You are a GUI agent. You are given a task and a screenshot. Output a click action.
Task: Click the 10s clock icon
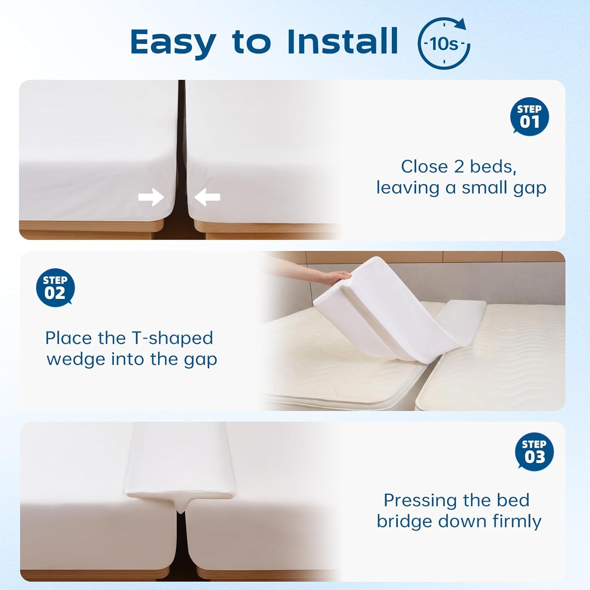click(x=444, y=43)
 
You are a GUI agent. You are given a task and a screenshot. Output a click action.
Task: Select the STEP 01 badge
click(x=529, y=116)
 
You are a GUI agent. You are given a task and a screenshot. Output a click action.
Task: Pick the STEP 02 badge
click(x=55, y=288)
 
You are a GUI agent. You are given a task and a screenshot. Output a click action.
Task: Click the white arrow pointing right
click(x=151, y=197)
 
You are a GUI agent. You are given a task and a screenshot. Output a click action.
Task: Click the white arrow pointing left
click(x=207, y=197)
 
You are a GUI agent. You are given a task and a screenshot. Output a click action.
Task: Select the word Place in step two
click(x=69, y=338)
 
